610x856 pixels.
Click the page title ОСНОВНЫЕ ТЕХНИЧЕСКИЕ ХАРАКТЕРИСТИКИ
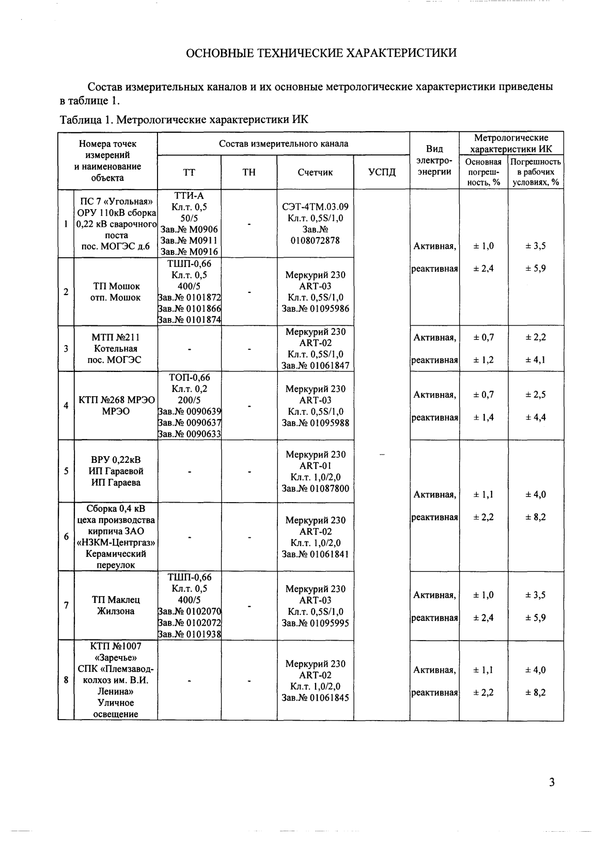pyautogui.click(x=321, y=53)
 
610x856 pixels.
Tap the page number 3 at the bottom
pyautogui.click(x=552, y=782)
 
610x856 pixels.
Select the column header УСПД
pyautogui.click(x=382, y=172)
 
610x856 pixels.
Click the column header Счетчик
pyautogui.click(x=315, y=172)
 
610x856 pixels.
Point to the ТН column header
pyautogui.click(x=249, y=172)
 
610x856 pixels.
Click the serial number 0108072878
pyautogui.click(x=315, y=240)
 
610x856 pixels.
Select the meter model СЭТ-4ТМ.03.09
pyautogui.click(x=315, y=207)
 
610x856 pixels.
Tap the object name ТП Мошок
pyautogui.click(x=116, y=286)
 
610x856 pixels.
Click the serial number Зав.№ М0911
pyautogui.click(x=189, y=241)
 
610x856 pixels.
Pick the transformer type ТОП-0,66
pyautogui.click(x=189, y=378)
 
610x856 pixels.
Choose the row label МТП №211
pyautogui.click(x=116, y=337)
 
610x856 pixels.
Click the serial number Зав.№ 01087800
pyautogui.click(x=315, y=489)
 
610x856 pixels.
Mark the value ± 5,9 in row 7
pyautogui.click(x=535, y=618)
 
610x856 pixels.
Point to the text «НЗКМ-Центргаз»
pyautogui.click(x=116, y=542)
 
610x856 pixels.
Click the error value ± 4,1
pyautogui.click(x=535, y=360)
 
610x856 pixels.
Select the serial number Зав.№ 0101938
pyautogui.click(x=189, y=634)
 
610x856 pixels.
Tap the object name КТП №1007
pyautogui.click(x=116, y=646)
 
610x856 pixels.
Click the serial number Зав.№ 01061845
pyautogui.click(x=315, y=698)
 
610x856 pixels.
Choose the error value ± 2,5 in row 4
pyautogui.click(x=535, y=395)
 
